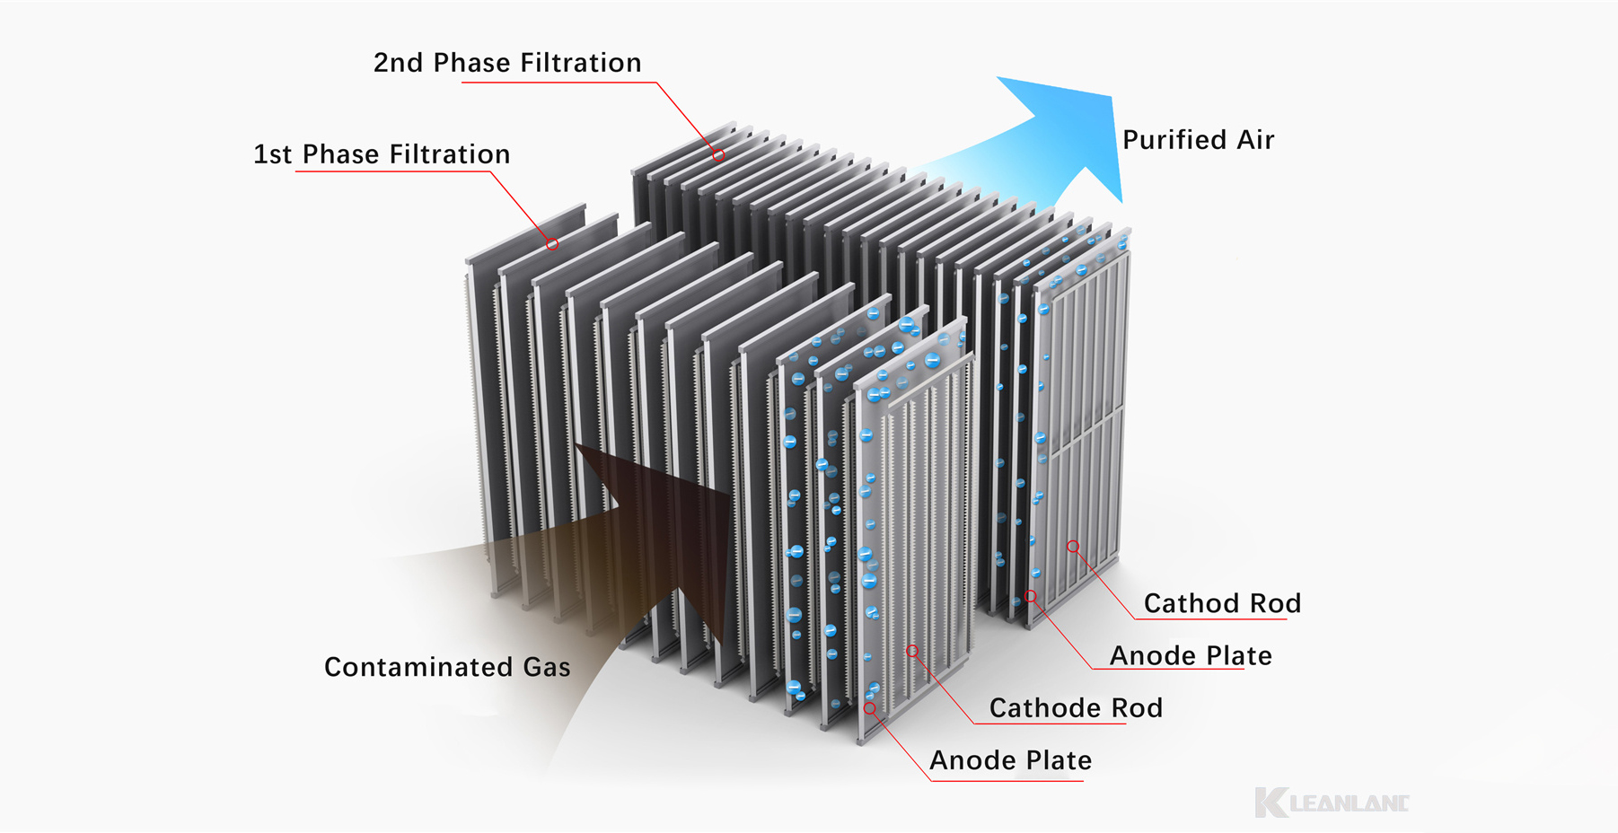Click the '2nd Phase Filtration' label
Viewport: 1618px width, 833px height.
pos(507,63)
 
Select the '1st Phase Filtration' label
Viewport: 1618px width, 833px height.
pos(382,154)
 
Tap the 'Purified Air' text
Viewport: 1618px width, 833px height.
pos(1198,140)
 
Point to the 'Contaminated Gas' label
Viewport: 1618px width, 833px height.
pos(447,667)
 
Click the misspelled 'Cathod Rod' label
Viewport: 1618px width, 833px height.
pos(1222,603)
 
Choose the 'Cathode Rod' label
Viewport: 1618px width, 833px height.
pos(1076,708)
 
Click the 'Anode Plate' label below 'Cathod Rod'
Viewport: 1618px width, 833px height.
pos(1191,656)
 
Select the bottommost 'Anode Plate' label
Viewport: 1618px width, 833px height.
pos(1011,761)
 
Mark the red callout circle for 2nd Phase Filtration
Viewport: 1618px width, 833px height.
pos(719,155)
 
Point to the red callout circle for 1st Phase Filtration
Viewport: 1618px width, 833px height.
pos(552,244)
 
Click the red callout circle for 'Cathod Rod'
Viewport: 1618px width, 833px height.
pos(1073,546)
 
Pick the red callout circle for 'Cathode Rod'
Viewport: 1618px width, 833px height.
pos(912,651)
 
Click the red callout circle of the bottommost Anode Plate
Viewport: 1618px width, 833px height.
pos(869,708)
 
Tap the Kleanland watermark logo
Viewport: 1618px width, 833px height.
pos(1332,802)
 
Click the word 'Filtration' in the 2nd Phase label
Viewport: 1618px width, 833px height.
pos(581,63)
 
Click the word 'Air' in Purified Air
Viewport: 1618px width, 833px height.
pos(1255,140)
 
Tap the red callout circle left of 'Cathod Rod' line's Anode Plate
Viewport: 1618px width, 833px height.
pos(1031,596)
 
